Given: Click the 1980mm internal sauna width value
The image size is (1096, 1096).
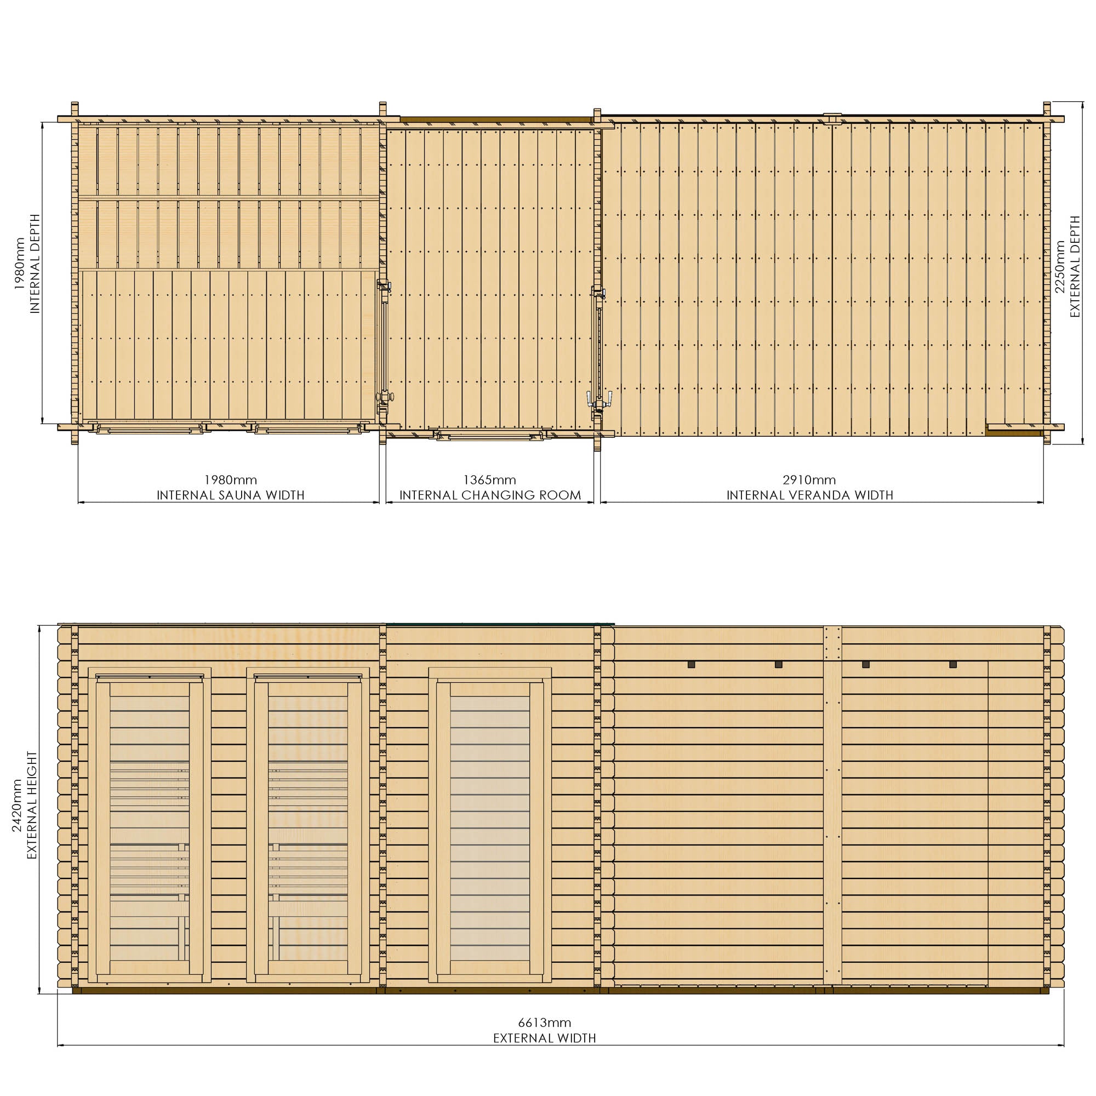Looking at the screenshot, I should [230, 480].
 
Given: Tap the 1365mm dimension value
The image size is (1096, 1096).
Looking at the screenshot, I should [489, 480].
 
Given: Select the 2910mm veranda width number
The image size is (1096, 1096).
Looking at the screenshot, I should [809, 480].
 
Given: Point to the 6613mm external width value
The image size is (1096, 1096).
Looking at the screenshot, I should [544, 1023].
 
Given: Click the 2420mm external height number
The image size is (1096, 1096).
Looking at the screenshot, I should [18, 806].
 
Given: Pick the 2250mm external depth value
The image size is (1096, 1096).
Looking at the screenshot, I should [1059, 267].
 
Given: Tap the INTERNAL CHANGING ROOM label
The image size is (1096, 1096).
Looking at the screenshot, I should [490, 495].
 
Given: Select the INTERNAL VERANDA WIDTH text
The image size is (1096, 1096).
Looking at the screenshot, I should [809, 495].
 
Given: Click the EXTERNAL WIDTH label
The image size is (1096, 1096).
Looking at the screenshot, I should [544, 1038].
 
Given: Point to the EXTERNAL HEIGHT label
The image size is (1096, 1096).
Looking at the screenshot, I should [32, 806].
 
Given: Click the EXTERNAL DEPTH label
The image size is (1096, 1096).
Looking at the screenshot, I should [1075, 267].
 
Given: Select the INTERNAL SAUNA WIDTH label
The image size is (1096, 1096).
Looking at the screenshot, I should [230, 495].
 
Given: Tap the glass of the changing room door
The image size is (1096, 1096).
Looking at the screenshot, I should [489, 827].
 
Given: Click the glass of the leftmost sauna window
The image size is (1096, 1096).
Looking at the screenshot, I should [149, 827].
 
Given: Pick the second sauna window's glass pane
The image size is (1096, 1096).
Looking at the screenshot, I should [307, 827].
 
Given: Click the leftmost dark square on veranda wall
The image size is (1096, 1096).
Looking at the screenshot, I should [691, 664].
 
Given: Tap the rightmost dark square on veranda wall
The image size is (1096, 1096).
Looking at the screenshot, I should [952, 664].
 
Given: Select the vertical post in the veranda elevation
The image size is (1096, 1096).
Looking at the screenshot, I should [832, 806].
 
